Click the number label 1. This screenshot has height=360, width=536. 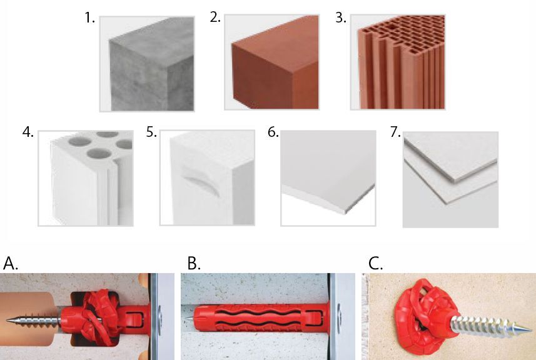coord(89,17)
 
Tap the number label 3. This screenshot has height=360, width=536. coord(340,17)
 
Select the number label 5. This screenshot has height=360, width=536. coord(151,132)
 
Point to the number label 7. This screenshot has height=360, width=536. coord(395,132)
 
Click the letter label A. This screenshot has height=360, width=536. coord(10,264)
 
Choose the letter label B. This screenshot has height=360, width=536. coord(194,264)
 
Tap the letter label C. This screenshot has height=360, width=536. coord(376,264)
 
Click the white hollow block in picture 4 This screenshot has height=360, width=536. coord(91,178)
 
